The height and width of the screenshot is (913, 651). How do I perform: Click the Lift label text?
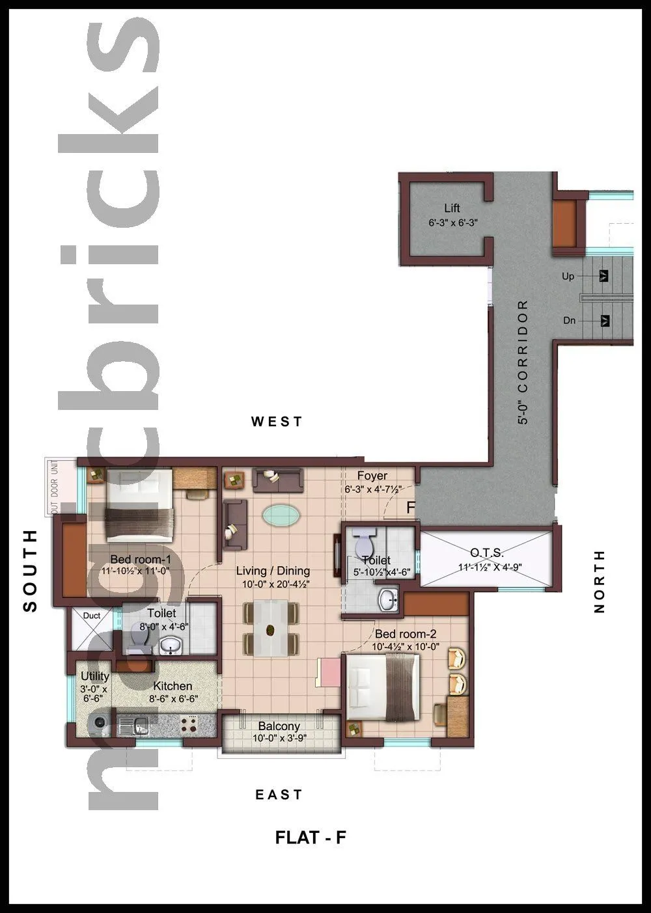(x=452, y=208)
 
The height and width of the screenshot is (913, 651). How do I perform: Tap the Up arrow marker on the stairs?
(x=605, y=276)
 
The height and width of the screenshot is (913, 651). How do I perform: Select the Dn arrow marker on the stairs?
(x=605, y=321)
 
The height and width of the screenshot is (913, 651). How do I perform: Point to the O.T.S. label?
(x=487, y=553)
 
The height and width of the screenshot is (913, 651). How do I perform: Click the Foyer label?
(x=372, y=476)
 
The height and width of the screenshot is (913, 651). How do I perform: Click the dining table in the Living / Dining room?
(x=270, y=629)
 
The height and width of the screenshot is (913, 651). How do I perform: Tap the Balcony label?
(x=279, y=726)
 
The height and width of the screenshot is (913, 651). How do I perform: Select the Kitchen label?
(x=173, y=686)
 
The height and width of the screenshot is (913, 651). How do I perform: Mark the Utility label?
(x=95, y=676)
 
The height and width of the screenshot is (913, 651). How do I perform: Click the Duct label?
(x=92, y=616)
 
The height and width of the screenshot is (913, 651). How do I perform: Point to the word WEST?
(x=277, y=422)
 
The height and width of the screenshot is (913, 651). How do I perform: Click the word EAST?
(x=279, y=795)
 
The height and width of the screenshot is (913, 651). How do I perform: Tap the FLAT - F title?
(x=311, y=838)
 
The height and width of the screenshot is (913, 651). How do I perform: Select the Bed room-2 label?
(x=406, y=634)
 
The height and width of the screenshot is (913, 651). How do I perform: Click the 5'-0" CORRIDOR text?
(x=523, y=362)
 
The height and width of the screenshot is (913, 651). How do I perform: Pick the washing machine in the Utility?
(x=100, y=722)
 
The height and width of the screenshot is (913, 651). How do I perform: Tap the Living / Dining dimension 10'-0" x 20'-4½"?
(x=275, y=584)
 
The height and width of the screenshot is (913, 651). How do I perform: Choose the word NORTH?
(x=600, y=581)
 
